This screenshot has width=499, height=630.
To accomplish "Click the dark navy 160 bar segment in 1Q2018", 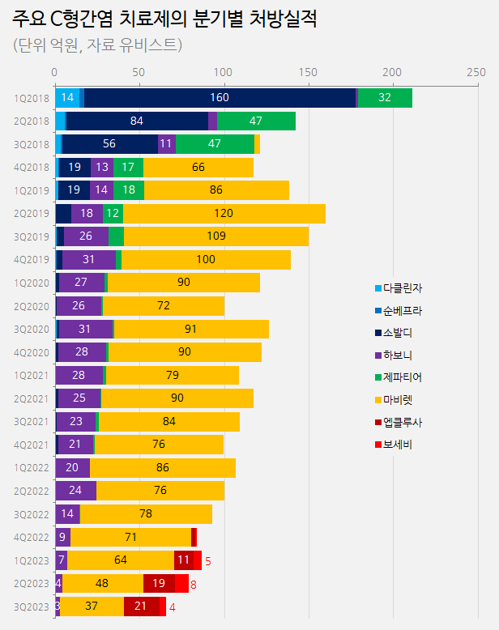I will (220, 98).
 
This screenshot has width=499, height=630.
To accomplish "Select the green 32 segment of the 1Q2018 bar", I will (385, 98).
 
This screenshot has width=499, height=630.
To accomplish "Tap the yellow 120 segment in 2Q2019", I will (224, 214).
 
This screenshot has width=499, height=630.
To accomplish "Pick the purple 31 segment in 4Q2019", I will (89, 260).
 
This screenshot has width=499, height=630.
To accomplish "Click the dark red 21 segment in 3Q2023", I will (141, 607).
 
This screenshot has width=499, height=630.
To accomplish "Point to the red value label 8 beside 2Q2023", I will (194, 584).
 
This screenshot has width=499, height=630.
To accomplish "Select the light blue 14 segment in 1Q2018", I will (68, 98).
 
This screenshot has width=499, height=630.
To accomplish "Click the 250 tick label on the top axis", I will (476, 72).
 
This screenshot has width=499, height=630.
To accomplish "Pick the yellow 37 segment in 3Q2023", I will (92, 607).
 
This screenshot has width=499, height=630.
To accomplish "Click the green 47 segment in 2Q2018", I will (256, 121).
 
